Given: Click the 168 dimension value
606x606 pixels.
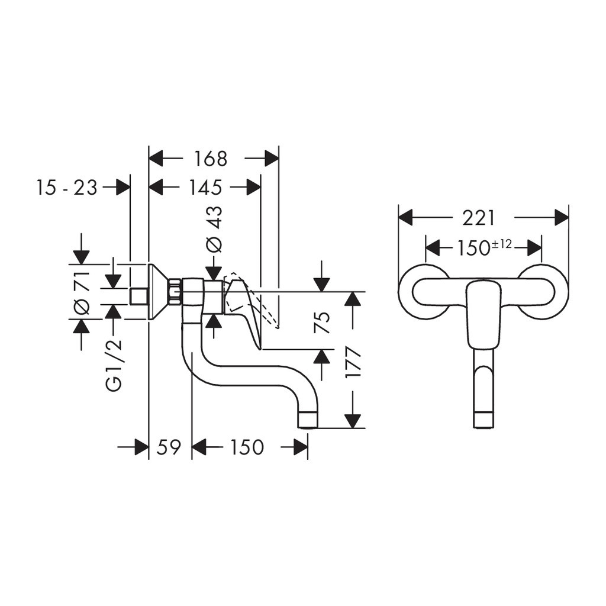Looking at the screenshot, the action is coord(210,159).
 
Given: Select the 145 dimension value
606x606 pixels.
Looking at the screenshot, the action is coord(205,188).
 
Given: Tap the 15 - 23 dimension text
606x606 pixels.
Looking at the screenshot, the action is coord(67,188).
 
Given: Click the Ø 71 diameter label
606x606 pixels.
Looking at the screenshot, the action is coord(82,292).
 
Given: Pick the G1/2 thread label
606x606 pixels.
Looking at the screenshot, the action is coord(114,366).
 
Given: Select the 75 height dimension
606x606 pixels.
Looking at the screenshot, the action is coord(323,323).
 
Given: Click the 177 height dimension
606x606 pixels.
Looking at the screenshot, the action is coord(353,362).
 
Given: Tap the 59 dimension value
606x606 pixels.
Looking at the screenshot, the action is coord(169,447).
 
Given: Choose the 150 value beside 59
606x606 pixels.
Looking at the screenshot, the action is coord(247,447).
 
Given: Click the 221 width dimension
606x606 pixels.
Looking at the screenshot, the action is coord(478,218).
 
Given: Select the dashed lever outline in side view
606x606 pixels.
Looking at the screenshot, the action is coord(251,298).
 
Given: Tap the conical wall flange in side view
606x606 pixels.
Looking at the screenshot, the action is coord(159,292).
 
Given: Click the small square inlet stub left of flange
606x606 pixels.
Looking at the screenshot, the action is coord(139,297).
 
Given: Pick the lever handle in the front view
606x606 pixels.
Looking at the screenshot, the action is coord(483,314).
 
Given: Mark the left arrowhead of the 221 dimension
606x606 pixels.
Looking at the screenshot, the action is coord(406,218).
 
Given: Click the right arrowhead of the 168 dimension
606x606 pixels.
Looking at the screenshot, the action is coord(271,158).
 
